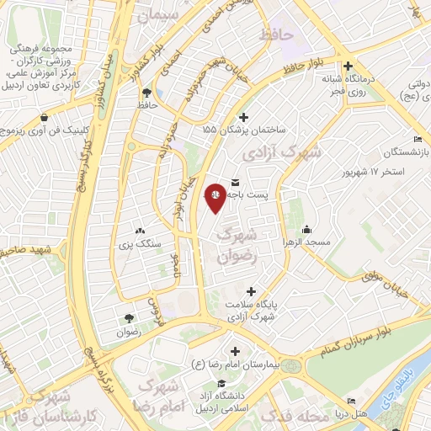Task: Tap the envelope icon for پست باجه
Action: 234,182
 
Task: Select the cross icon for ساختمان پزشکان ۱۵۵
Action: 244,117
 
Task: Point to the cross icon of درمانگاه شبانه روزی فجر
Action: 348,66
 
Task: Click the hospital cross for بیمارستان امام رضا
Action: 234,350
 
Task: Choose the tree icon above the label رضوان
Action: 128,317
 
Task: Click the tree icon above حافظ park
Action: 147,93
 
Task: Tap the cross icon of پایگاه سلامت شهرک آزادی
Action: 251,290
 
